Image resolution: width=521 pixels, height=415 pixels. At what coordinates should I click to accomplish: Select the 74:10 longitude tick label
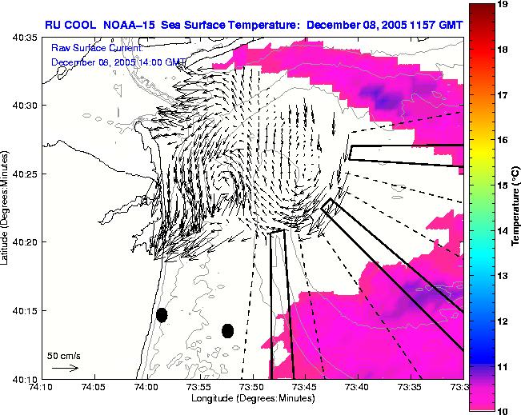click(x=41, y=386)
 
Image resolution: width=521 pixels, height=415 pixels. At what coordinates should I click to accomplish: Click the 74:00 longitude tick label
click(x=146, y=386)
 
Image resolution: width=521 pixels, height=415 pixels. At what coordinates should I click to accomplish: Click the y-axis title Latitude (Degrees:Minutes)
click(x=6, y=208)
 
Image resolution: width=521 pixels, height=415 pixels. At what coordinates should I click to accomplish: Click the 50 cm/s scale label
click(x=62, y=354)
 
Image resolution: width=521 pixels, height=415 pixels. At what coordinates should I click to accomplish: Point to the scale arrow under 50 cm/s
click(x=65, y=368)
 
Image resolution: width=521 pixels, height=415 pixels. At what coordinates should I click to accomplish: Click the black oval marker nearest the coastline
click(x=162, y=315)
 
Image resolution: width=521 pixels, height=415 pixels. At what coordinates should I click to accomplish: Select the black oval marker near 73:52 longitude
click(x=227, y=330)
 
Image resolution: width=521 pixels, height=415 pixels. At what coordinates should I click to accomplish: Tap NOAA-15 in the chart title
click(x=131, y=25)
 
